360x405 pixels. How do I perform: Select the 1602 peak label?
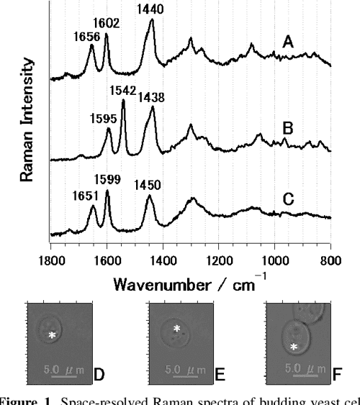pos(108,23)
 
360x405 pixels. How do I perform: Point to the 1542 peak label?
pos(123,91)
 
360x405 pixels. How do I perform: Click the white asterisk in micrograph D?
pos(51,336)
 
